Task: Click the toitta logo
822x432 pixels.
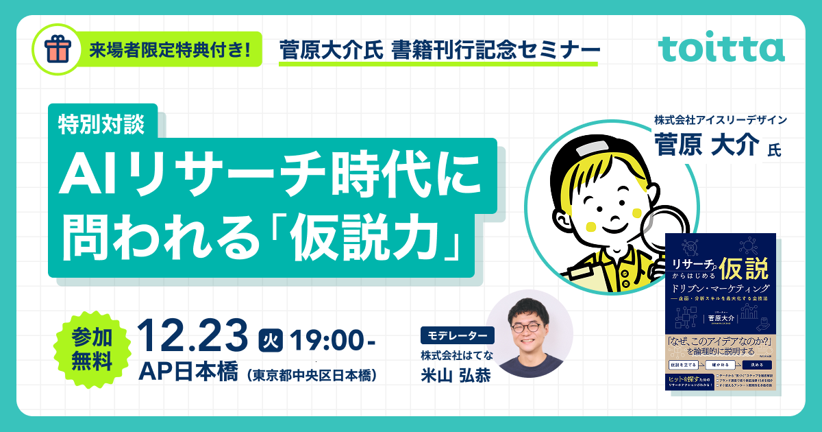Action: (x=721, y=49)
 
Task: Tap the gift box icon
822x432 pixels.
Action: (x=58, y=49)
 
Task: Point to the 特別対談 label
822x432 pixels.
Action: (x=102, y=123)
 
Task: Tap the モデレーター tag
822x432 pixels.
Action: (x=457, y=336)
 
